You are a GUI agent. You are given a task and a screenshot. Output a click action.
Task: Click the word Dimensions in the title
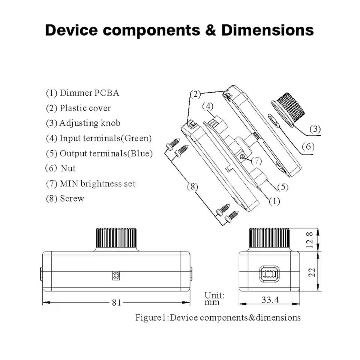tap(267, 30)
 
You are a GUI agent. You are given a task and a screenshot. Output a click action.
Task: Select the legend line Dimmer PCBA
tap(82, 93)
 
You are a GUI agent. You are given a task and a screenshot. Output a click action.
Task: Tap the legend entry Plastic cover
tap(78, 108)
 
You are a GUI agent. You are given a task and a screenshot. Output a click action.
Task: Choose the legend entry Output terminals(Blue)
tap(99, 153)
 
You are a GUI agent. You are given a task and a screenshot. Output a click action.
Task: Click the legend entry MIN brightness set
tap(90, 184)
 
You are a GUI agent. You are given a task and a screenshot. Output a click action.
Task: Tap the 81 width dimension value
tap(117, 302)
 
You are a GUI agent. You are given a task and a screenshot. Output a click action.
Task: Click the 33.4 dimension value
tap(270, 300)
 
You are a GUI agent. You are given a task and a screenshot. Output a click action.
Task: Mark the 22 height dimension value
tap(310, 271)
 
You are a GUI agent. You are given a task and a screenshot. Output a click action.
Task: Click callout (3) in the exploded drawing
tap(315, 129)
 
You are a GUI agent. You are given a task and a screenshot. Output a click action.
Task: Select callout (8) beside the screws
tap(192, 186)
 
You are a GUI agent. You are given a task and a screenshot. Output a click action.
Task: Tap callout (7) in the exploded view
tap(256, 161)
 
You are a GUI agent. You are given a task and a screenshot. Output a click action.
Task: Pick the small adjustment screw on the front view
tap(116, 276)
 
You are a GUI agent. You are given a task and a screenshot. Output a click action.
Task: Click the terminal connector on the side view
tap(269, 273)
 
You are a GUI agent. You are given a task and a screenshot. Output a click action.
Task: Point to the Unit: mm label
tap(214, 298)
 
